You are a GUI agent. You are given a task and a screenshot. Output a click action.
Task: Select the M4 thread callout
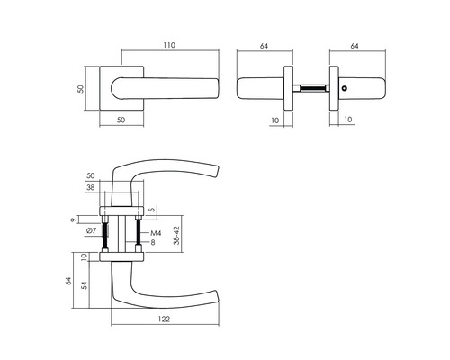pyautogui.click(x=155, y=233)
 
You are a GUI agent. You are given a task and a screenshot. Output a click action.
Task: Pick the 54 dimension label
pyautogui.click(x=84, y=285)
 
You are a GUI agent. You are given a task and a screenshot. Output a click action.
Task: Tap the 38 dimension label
pyautogui.click(x=90, y=189)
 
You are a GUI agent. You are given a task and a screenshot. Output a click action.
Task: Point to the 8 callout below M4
pyautogui.click(x=154, y=243)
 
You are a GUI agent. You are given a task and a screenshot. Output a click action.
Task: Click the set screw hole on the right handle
pyautogui.click(x=346, y=89)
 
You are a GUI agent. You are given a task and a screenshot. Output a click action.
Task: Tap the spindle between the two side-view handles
pyautogui.click(x=311, y=89)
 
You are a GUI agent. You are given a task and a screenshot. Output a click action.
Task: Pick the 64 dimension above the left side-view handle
pyautogui.click(x=265, y=43)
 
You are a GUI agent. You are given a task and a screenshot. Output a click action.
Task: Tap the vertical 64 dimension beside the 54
pyautogui.click(x=69, y=281)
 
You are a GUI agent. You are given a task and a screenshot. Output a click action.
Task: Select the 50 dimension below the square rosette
pyautogui.click(x=120, y=119)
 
